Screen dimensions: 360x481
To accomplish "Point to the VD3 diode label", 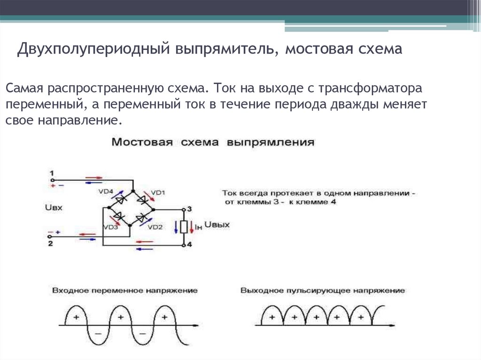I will tap(110, 227).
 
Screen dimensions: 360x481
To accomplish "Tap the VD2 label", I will tap(155, 227).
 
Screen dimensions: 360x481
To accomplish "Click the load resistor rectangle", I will tap(184, 227).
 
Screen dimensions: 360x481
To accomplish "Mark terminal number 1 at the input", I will tap(52, 172).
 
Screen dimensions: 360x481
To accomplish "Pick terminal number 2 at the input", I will tap(50, 244).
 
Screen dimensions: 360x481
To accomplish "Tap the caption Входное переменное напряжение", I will tap(125, 291).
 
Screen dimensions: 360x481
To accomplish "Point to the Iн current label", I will tap(199, 228).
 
